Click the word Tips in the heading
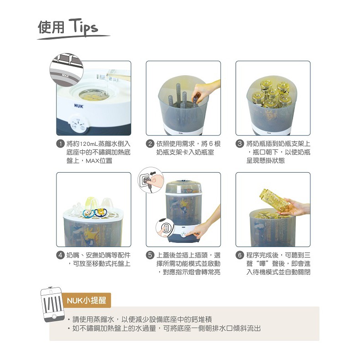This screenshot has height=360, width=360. (83, 27)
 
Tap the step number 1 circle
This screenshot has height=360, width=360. (60, 144)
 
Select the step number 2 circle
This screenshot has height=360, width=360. (150, 144)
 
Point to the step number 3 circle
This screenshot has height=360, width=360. (240, 144)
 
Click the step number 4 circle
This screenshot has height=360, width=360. (60, 255)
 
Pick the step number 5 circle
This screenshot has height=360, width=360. (150, 255)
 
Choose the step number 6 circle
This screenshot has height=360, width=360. (240, 255)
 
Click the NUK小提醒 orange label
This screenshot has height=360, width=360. (86, 300)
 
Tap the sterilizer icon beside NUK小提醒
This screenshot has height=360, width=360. (52, 304)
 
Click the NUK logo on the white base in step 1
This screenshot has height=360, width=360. (78, 106)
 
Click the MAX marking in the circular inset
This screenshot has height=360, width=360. (65, 75)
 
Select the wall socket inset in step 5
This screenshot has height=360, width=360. (151, 180)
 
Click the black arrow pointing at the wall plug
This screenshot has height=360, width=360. (153, 173)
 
